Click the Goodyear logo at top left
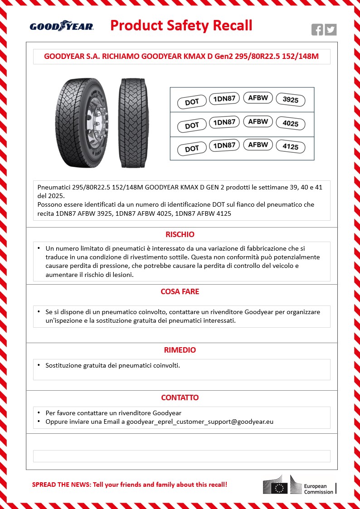point(62,26)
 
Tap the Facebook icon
point(317,30)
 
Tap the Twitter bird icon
point(331,30)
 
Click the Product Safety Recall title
point(181,25)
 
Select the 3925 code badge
point(291,100)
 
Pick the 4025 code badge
point(291,124)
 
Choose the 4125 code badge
point(291,147)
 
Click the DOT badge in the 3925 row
point(192,102)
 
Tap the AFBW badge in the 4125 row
point(258,145)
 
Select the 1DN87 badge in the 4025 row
point(224,122)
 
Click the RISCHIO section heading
point(180,234)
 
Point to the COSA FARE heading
point(180,291)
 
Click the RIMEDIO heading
point(180,350)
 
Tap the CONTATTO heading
point(180,398)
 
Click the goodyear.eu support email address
point(200,422)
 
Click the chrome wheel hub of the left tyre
point(99,123)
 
